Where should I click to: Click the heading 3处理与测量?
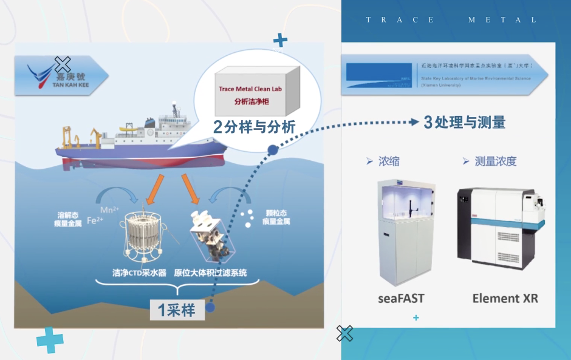(465, 122)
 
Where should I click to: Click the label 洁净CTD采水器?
(140, 273)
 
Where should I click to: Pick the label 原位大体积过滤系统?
(211, 273)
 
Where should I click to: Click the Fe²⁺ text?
(95, 220)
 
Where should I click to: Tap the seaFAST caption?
(401, 298)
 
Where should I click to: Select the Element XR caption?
(505, 298)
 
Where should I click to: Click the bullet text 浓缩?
(389, 161)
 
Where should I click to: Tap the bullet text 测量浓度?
(495, 161)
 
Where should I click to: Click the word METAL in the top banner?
(502, 19)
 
